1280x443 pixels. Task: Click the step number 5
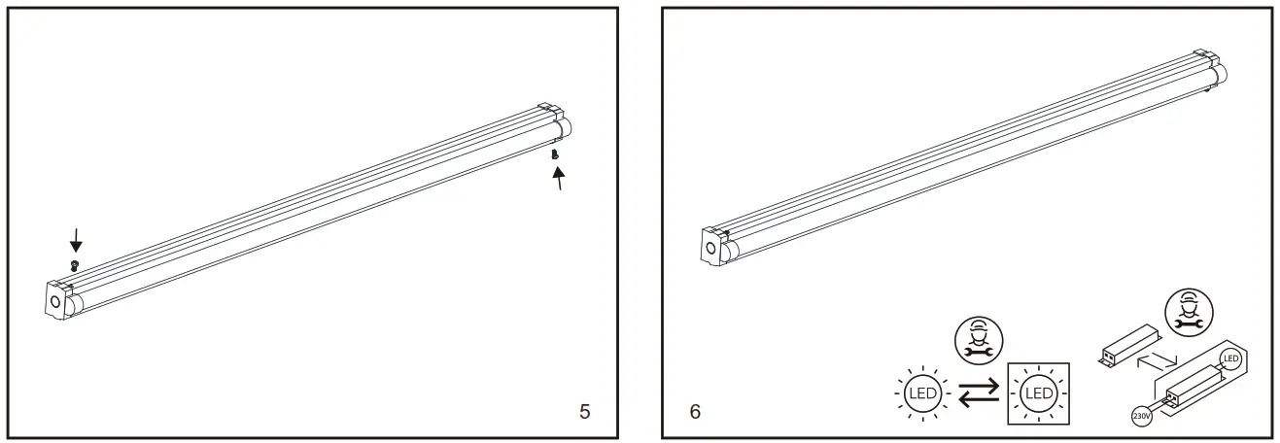point(584,411)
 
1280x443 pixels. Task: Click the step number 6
point(695,411)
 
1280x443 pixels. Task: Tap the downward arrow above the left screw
point(76,240)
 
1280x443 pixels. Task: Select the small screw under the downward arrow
point(74,264)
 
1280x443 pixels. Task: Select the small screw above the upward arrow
point(554,153)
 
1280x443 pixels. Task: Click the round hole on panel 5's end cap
point(55,303)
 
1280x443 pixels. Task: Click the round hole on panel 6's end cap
point(711,250)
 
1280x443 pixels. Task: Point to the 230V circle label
point(1142,416)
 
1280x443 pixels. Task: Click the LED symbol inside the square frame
point(1038,393)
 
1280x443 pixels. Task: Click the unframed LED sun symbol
point(920,393)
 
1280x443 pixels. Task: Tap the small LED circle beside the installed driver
point(1230,360)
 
